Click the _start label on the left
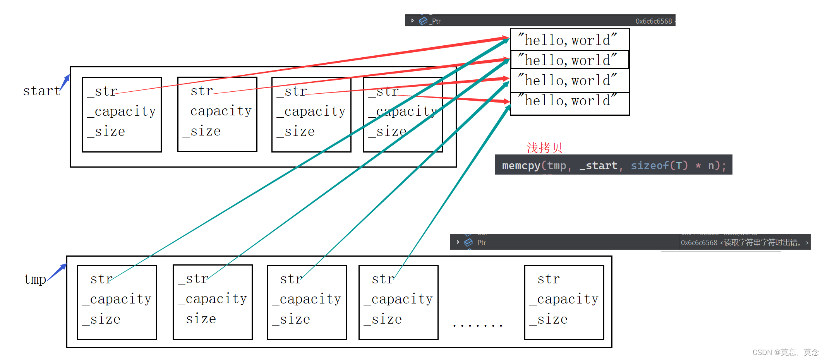tap(38, 91)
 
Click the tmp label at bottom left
tap(35, 279)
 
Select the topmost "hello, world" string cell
tap(569, 40)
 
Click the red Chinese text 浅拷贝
tap(544, 147)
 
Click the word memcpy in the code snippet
tap(520, 166)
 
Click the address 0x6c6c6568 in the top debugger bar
tap(653, 21)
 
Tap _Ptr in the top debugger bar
tap(435, 21)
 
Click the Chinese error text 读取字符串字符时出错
tap(762, 243)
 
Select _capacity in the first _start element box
tap(122, 111)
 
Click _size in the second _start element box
tap(202, 132)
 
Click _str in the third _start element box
tap(292, 91)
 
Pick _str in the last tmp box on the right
tap(545, 279)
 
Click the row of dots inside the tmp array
tap(477, 326)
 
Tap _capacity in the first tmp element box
tap(117, 299)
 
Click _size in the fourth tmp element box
tap(383, 320)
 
